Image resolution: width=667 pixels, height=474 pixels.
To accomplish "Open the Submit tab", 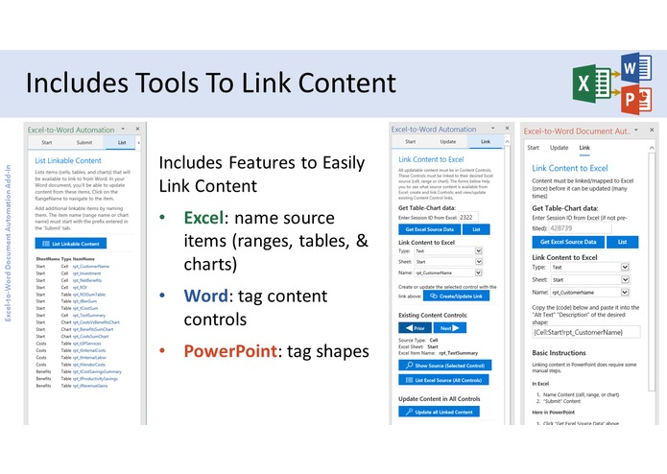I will [83, 142].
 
